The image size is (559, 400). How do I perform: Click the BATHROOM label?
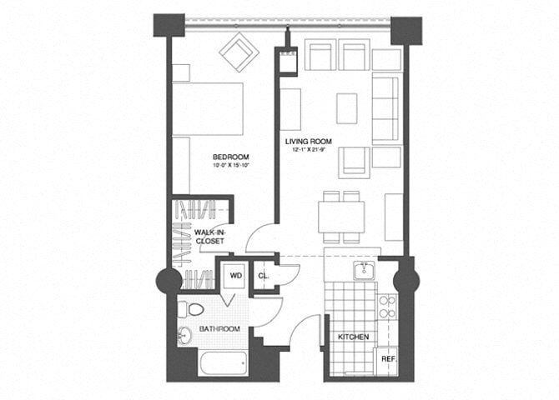[x=219, y=329]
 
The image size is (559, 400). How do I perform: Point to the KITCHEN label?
[x=353, y=337]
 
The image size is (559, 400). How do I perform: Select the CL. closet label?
[x=264, y=275]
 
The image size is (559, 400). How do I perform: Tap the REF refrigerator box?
[x=388, y=358]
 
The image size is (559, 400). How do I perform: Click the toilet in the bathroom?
[x=191, y=311]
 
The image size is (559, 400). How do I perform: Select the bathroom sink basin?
[x=185, y=337]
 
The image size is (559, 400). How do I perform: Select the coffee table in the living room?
[x=347, y=107]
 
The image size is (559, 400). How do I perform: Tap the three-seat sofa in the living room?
[x=385, y=108]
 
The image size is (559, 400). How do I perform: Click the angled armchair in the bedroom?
[x=239, y=52]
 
